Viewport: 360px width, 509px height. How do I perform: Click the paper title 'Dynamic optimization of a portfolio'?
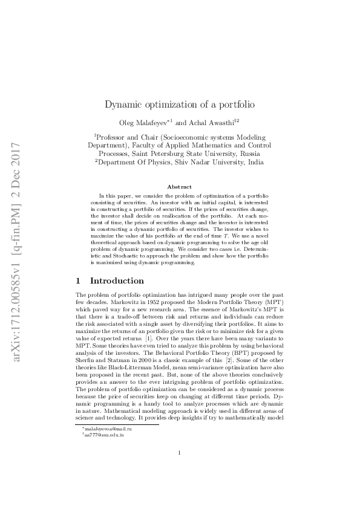(x=180, y=104)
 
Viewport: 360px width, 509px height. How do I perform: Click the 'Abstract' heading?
(x=180, y=187)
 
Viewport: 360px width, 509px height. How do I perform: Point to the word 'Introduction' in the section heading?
(x=117, y=281)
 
